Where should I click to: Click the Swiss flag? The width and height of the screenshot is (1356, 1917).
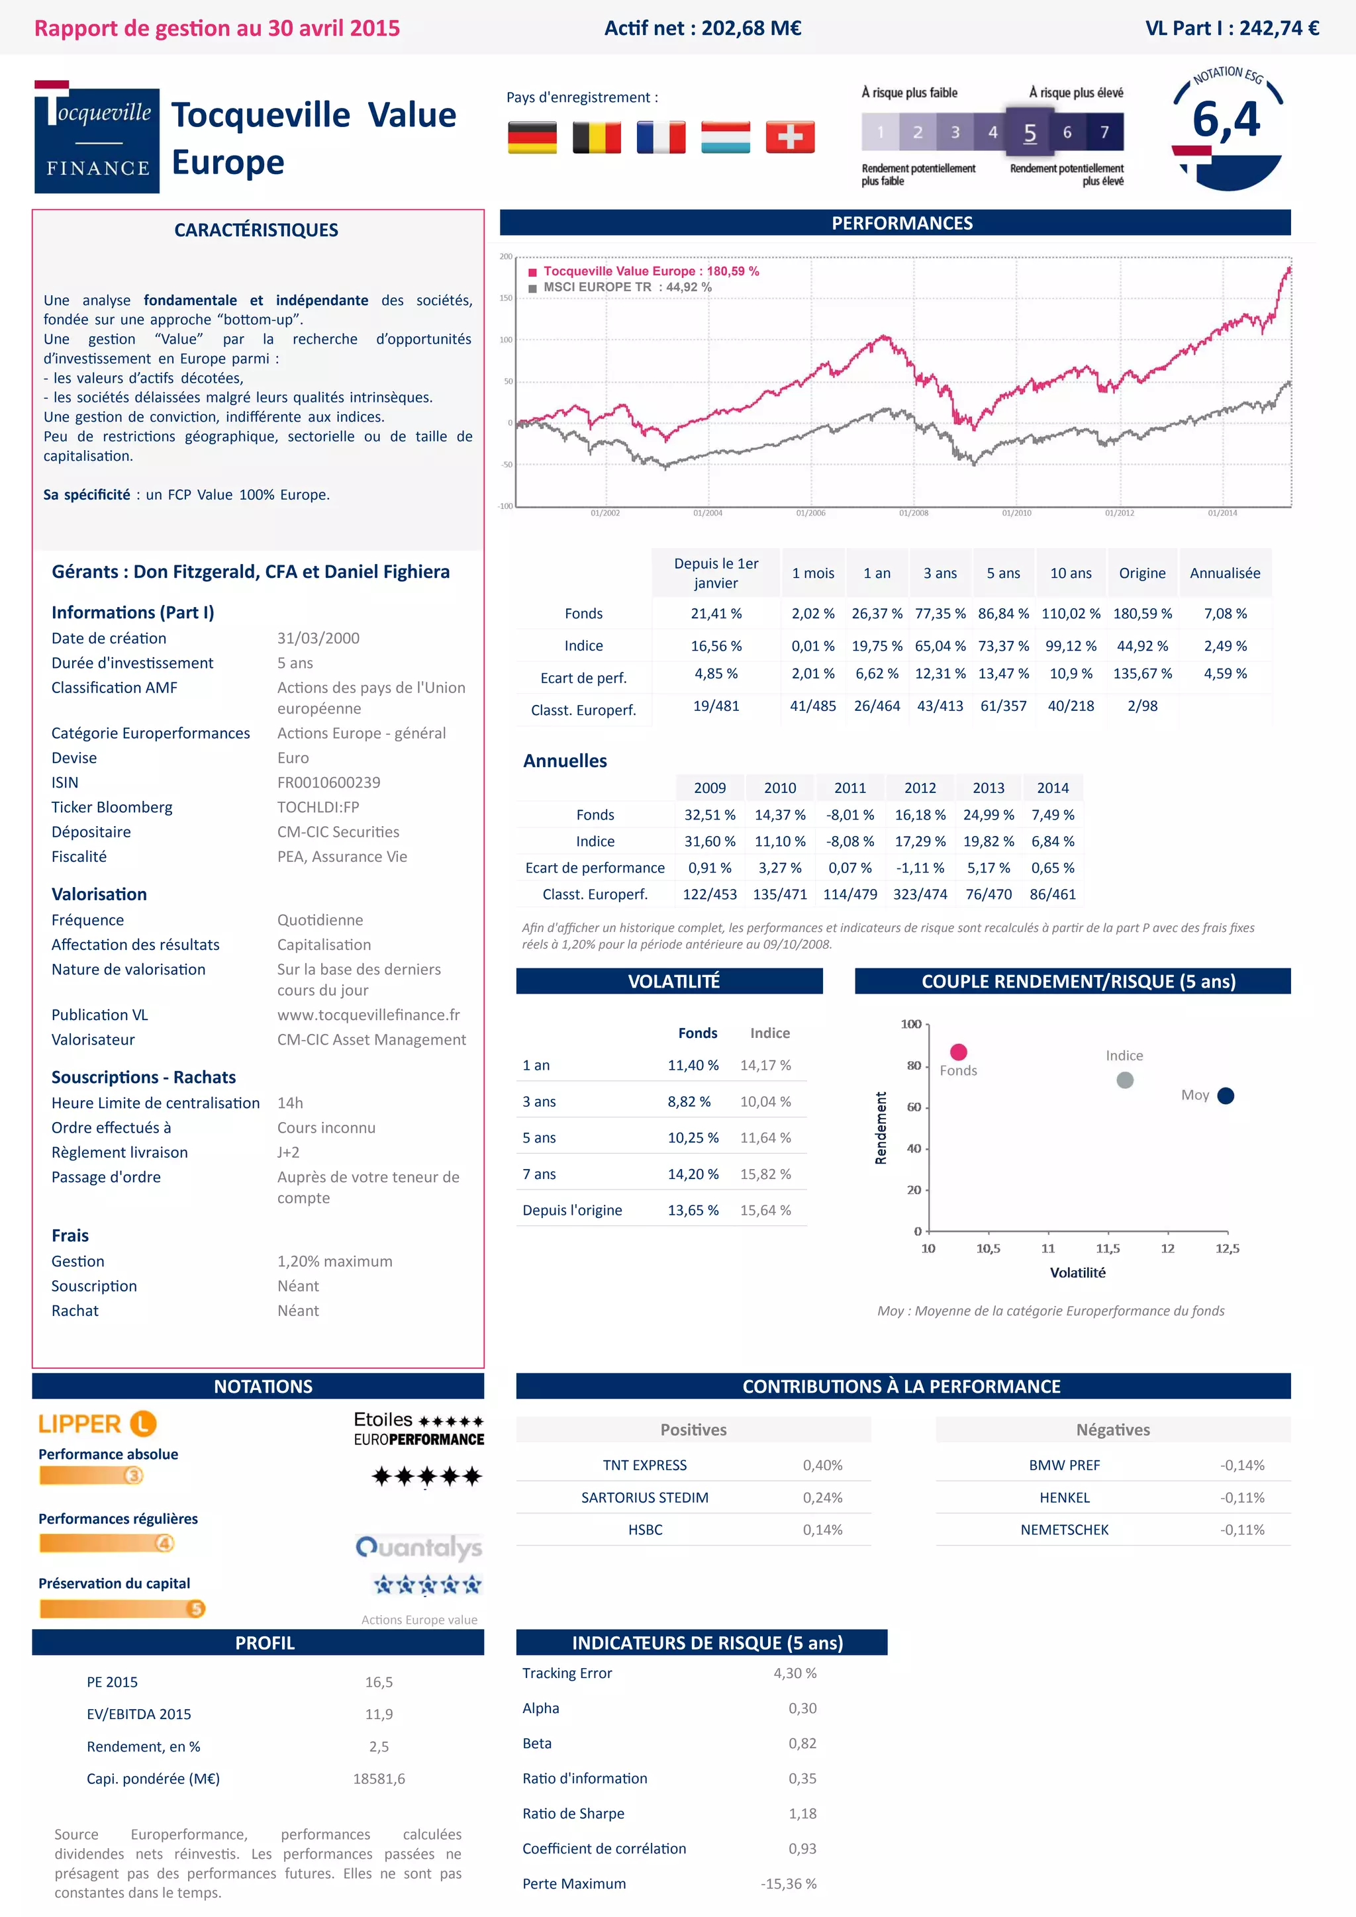click(789, 137)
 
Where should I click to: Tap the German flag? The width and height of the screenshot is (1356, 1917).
click(532, 137)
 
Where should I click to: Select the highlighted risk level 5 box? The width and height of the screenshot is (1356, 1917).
click(1030, 132)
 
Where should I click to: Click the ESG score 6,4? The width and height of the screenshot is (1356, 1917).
click(1226, 119)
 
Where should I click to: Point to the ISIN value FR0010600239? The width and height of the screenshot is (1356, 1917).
click(328, 782)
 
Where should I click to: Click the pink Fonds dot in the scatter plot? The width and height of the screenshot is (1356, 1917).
click(959, 1052)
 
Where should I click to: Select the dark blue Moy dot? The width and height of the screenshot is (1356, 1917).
click(1226, 1096)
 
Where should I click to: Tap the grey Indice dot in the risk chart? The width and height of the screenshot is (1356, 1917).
click(1125, 1080)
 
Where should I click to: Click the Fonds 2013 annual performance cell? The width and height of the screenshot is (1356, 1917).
click(988, 815)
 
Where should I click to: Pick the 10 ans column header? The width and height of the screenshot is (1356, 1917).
click(1071, 573)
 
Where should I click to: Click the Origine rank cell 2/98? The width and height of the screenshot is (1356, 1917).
click(1141, 706)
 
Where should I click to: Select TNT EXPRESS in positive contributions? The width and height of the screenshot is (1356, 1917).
click(645, 1466)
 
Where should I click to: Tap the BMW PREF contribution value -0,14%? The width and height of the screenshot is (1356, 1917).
click(1241, 1466)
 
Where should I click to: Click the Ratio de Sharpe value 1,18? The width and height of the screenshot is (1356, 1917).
click(802, 1814)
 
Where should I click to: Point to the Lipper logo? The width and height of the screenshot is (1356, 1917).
click(97, 1424)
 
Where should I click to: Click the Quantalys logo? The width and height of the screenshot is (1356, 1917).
click(418, 1547)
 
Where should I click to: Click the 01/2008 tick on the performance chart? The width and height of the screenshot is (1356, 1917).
click(914, 512)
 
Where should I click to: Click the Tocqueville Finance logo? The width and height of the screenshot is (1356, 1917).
click(97, 138)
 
